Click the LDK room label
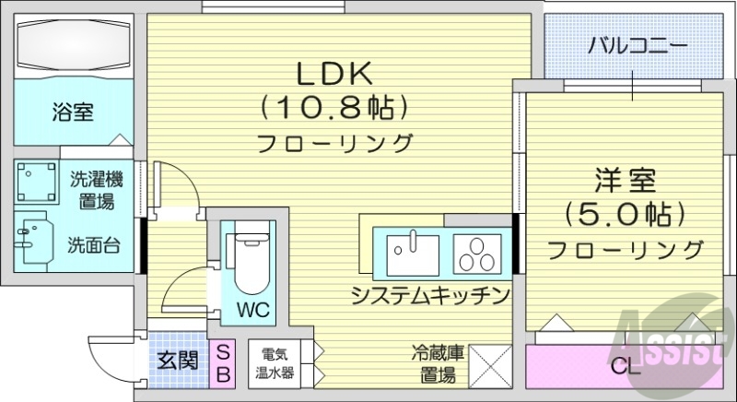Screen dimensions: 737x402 point(333,75)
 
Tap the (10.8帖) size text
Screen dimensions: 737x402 point(333,109)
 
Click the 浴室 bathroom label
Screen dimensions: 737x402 point(71,112)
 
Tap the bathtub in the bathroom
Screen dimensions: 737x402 point(73,45)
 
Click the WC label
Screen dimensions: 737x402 point(253,309)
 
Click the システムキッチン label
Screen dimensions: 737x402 point(430,296)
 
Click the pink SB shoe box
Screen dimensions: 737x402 point(223,361)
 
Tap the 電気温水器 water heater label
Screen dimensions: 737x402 point(276,363)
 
